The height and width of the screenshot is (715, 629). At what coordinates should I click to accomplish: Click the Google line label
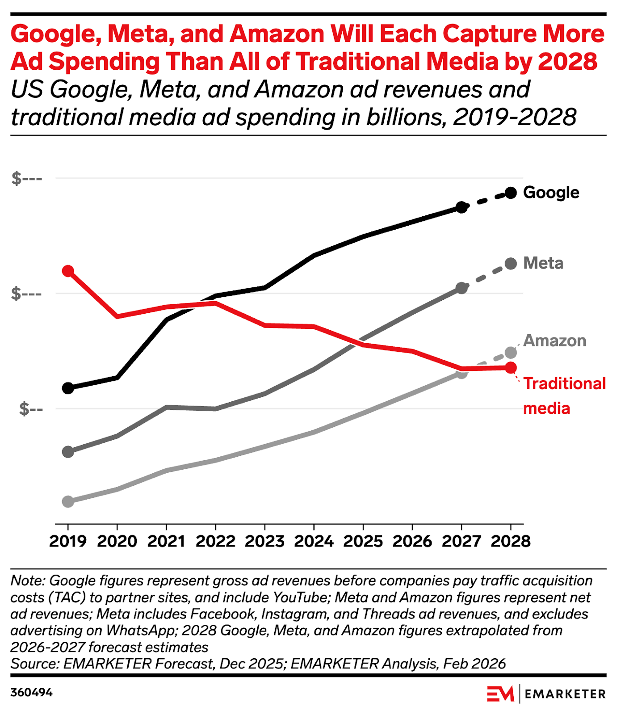(551, 193)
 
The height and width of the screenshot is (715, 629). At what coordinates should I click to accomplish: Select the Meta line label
(543, 263)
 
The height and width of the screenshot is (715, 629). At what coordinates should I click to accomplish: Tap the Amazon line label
(554, 341)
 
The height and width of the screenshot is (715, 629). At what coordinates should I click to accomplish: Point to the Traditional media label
(564, 395)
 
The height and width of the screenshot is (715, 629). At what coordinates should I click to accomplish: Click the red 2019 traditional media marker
(68, 271)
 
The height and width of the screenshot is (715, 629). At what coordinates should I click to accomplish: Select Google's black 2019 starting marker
(68, 388)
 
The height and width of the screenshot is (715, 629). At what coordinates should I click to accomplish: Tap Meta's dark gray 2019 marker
(68, 451)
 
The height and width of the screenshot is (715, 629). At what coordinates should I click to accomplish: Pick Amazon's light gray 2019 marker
(68, 501)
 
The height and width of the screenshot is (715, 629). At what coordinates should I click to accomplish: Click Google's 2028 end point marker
(511, 193)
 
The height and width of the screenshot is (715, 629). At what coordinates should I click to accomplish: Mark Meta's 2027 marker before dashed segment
(461, 288)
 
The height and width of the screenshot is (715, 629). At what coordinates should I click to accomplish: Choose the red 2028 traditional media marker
(511, 368)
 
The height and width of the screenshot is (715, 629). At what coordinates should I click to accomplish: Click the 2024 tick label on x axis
(314, 541)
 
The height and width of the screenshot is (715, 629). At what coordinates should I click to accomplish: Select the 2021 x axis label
(166, 541)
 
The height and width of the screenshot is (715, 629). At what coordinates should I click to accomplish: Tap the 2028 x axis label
(511, 541)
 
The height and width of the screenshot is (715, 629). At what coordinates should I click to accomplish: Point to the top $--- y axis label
(27, 178)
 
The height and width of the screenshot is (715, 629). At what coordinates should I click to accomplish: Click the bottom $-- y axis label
(31, 408)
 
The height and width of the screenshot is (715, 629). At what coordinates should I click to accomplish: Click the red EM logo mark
(500, 694)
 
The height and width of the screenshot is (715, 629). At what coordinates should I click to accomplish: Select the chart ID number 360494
(31, 693)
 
